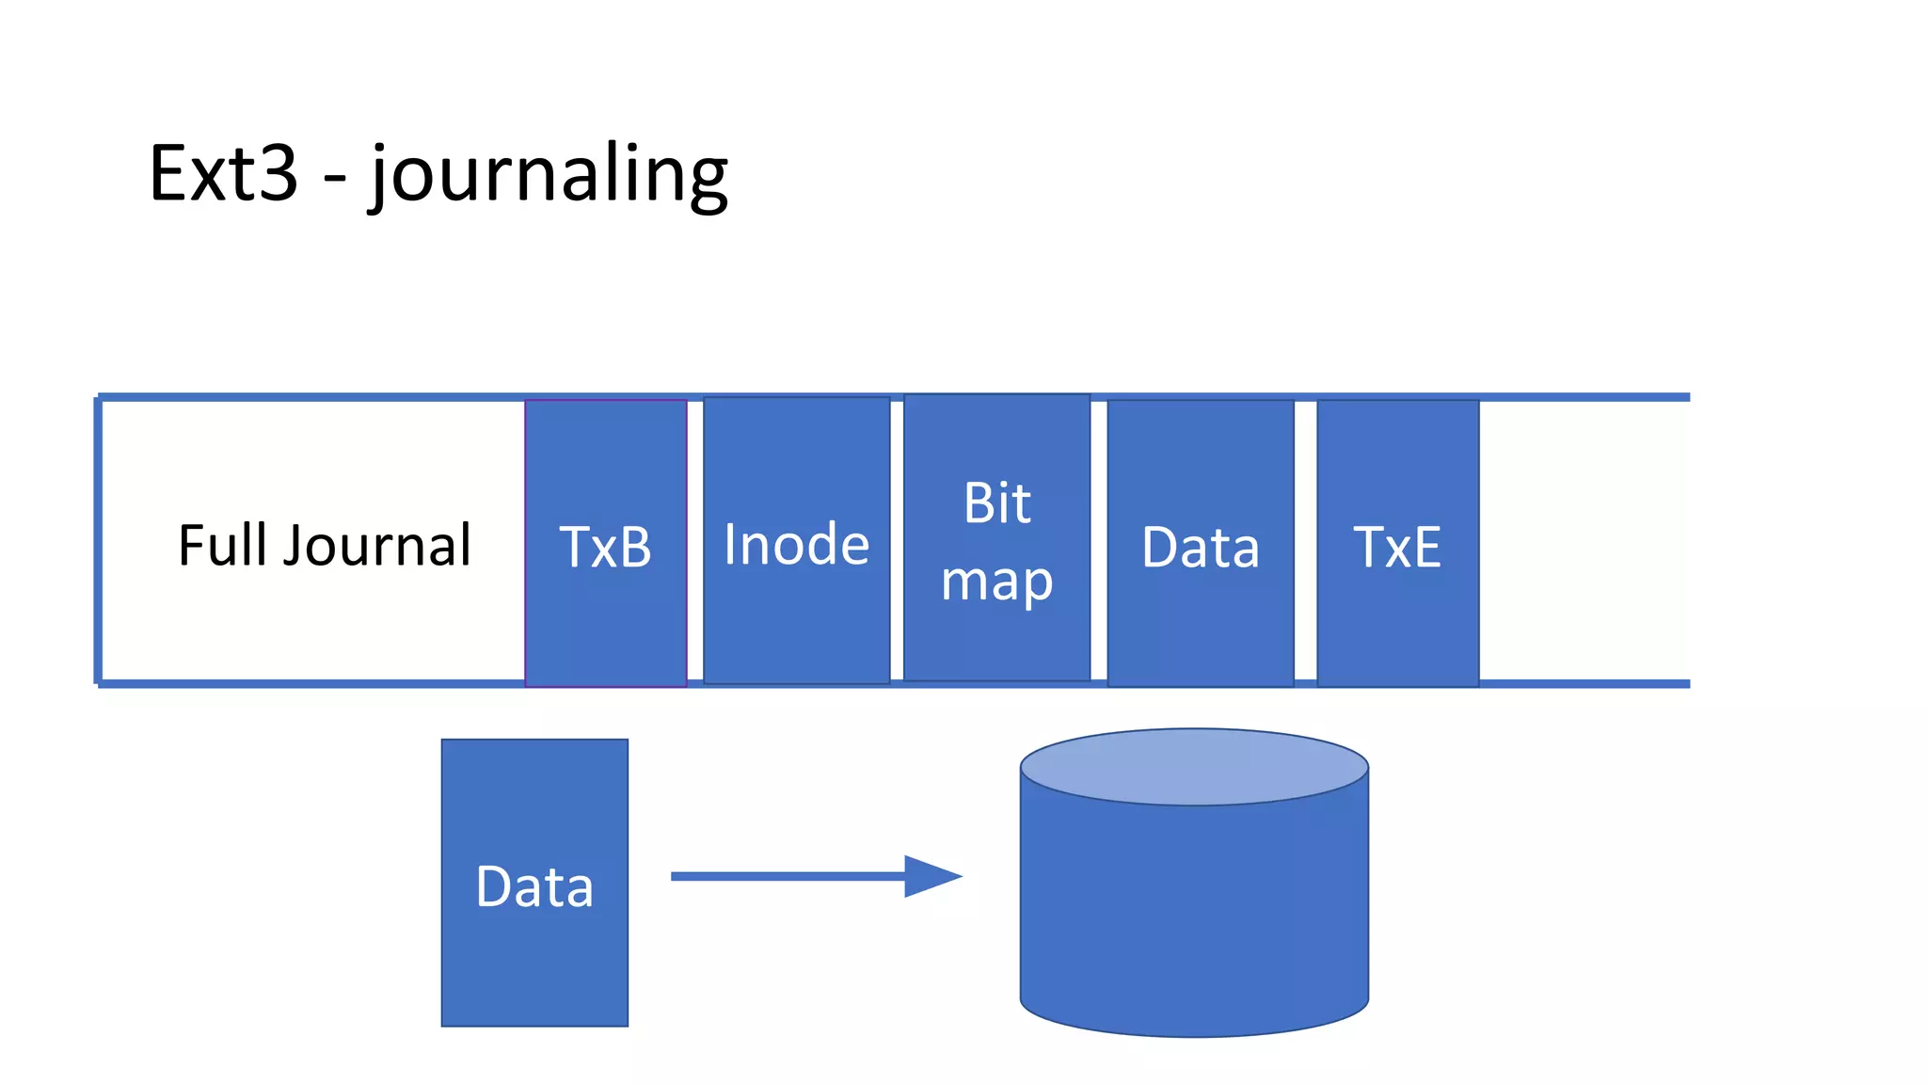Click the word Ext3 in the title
(223, 173)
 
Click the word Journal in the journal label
(377, 545)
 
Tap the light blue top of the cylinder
(1194, 766)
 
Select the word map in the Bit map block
(996, 581)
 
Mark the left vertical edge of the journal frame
(98, 541)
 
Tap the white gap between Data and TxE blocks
(1305, 541)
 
